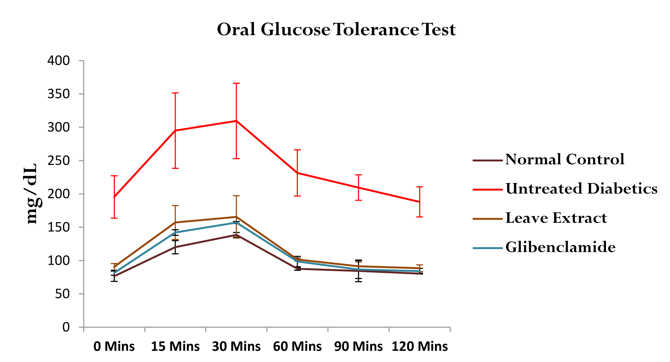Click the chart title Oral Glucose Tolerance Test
(x=336, y=30)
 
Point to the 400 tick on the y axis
(x=59, y=61)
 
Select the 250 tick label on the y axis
(x=59, y=161)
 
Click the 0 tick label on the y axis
(x=66, y=327)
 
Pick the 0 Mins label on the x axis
(x=114, y=346)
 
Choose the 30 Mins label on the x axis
(x=236, y=346)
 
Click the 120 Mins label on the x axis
(x=420, y=346)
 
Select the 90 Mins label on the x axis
(x=358, y=346)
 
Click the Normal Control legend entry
(x=564, y=160)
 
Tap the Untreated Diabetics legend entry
(x=581, y=189)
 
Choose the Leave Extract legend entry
(x=556, y=218)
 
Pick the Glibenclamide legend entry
(x=560, y=248)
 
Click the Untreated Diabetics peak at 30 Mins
(x=236, y=121)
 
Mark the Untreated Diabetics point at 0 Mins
(x=114, y=197)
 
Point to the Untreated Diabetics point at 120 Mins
(x=420, y=202)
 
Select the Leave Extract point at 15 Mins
(x=175, y=222)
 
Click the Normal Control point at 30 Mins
(x=236, y=235)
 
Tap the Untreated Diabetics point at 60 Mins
(x=297, y=173)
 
